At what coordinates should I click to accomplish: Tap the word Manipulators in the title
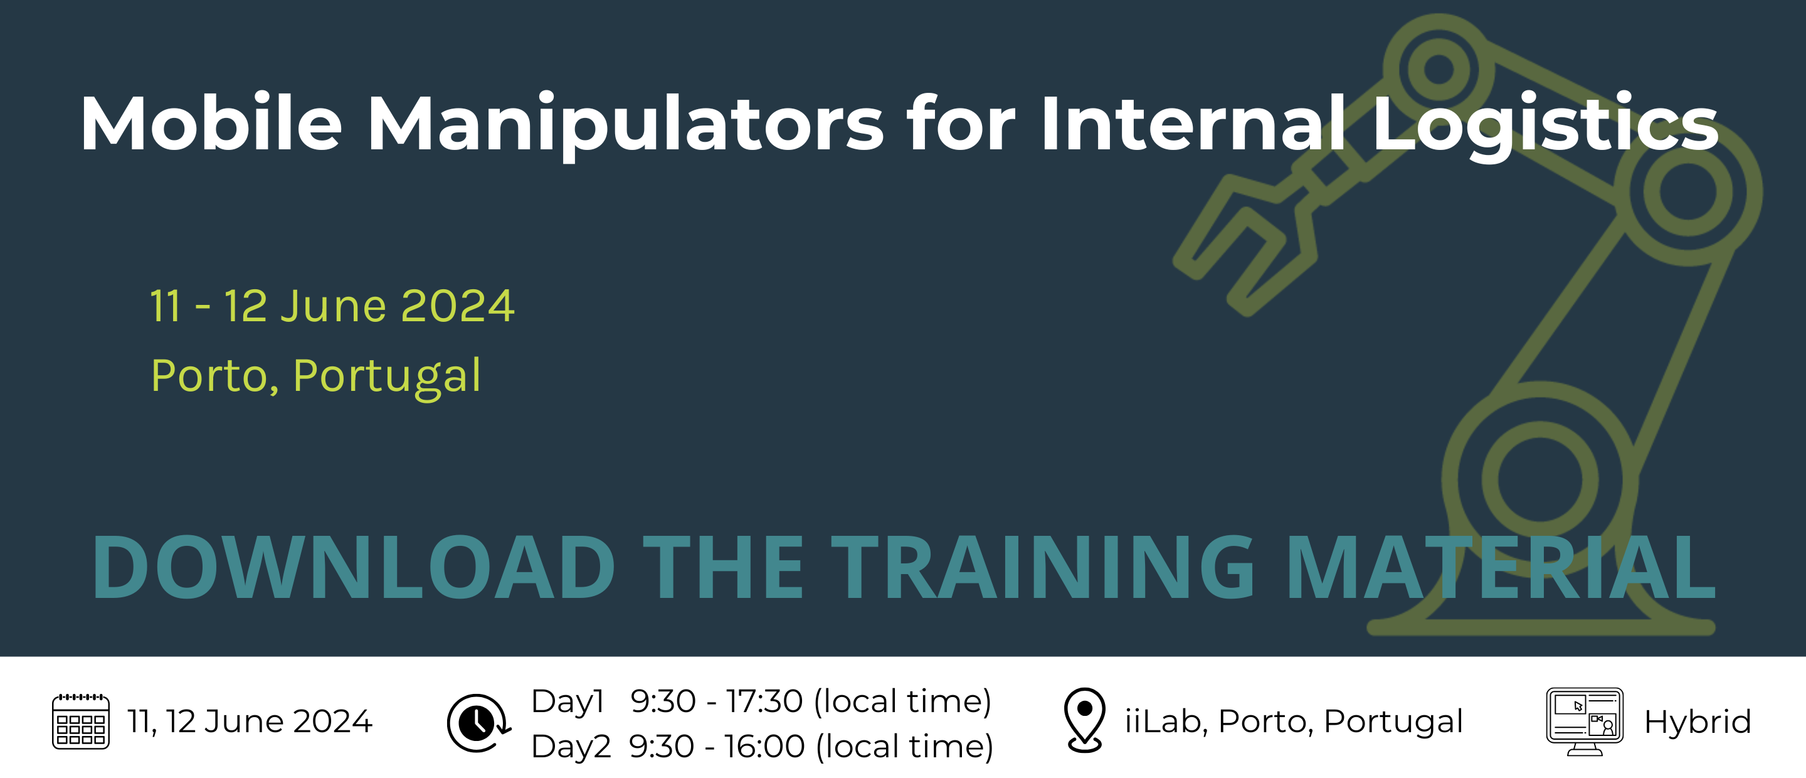tap(626, 126)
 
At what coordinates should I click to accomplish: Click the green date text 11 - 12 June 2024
tap(332, 307)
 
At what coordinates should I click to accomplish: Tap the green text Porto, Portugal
tap(316, 376)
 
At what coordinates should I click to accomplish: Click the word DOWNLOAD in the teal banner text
tap(353, 568)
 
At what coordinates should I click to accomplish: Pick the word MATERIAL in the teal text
tap(1501, 568)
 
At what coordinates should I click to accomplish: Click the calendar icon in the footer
tap(81, 722)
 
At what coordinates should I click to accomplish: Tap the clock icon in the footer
tap(478, 723)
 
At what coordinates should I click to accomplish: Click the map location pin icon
tap(1085, 720)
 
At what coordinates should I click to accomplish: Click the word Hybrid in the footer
tap(1698, 723)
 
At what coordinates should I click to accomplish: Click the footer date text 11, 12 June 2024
tap(250, 722)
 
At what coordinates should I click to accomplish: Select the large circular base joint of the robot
tap(1540, 480)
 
